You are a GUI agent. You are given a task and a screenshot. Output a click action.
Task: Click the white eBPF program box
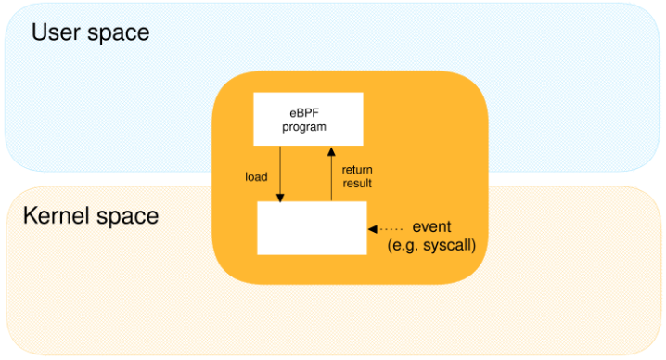tap(308, 119)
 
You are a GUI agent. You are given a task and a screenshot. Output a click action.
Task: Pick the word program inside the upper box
tap(304, 126)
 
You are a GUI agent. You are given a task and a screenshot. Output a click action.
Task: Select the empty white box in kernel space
tap(312, 227)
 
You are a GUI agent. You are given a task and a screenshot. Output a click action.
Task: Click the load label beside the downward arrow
tap(256, 176)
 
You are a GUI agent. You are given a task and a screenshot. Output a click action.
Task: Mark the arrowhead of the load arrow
tap(280, 196)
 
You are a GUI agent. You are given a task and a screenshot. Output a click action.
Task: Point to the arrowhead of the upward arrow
tap(330, 150)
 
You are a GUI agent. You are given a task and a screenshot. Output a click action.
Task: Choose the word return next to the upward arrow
tap(356, 170)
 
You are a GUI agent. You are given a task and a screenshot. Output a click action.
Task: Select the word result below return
tap(356, 183)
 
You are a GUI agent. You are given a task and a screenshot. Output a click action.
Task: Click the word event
tap(431, 227)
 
